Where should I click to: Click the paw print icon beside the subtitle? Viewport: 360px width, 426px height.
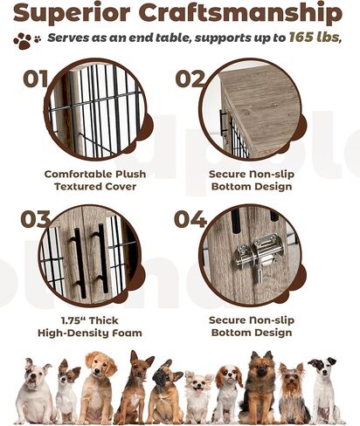click(26, 40)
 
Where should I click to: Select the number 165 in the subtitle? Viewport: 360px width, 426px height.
click(302, 39)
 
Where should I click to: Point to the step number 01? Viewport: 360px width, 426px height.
click(36, 80)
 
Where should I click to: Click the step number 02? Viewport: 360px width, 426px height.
click(190, 80)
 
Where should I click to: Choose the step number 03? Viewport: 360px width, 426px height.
click(35, 219)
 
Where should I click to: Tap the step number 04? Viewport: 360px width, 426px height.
click(190, 219)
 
